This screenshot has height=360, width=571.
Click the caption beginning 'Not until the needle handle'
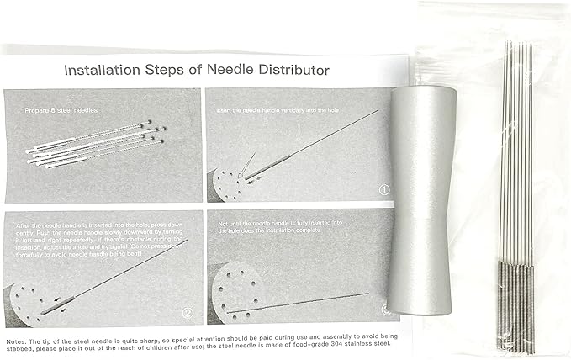(286, 225)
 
